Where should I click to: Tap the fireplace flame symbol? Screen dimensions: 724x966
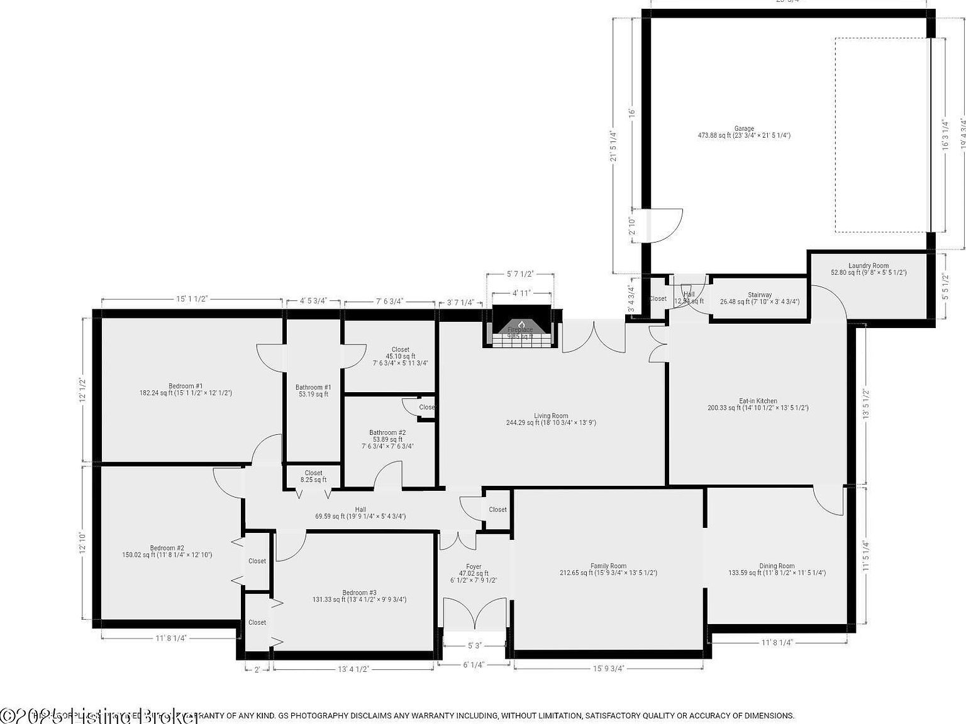tap(521, 324)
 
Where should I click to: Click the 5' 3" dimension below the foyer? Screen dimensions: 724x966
tap(474, 645)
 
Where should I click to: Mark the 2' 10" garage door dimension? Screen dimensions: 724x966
tap(631, 226)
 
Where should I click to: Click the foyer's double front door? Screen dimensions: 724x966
tap(474, 614)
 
